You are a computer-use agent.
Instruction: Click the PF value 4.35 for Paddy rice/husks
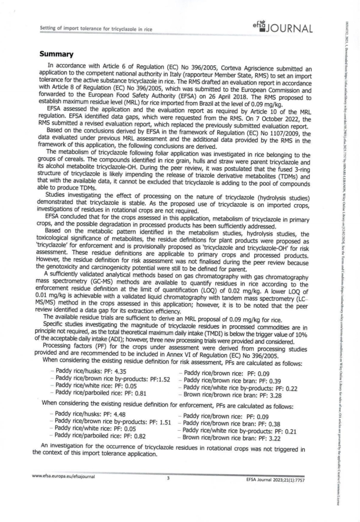[x=120, y=372]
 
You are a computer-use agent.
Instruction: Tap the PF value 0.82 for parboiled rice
[x=138, y=436]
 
